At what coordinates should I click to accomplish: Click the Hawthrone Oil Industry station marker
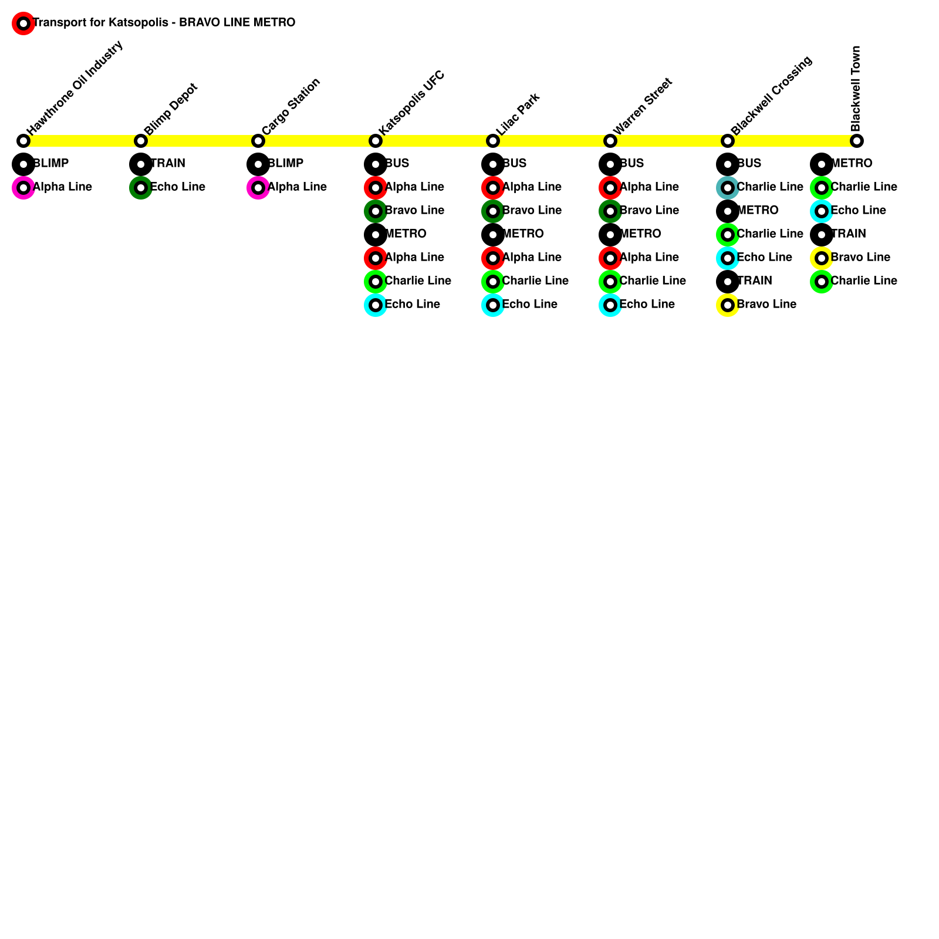pos(23,141)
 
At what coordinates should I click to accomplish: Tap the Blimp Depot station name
pos(171,110)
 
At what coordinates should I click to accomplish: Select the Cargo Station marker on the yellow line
pos(258,141)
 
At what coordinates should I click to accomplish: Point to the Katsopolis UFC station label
pos(412,103)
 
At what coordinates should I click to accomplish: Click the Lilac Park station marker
pos(493,141)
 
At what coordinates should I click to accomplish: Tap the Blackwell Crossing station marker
pos(728,141)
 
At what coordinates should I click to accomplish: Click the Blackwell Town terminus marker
pos(857,141)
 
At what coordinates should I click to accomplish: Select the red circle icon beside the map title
pos(23,23)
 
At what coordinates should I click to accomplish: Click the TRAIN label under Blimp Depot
pos(168,164)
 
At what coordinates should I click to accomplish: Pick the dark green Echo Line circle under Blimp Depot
pos(141,188)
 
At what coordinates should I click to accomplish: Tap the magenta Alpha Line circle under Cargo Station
pos(258,188)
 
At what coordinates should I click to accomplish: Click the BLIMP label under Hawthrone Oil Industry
pos(51,164)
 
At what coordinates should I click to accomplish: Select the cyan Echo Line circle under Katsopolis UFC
pos(376,305)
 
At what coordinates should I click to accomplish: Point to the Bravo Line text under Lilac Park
pos(532,211)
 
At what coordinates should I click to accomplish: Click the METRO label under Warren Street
pos(640,234)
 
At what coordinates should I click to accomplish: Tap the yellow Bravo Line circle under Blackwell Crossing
pos(728,305)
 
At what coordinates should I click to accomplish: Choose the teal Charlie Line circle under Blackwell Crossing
pos(728,188)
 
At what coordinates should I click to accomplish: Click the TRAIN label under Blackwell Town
pos(849,234)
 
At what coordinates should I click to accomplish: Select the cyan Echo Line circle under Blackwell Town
pos(822,211)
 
